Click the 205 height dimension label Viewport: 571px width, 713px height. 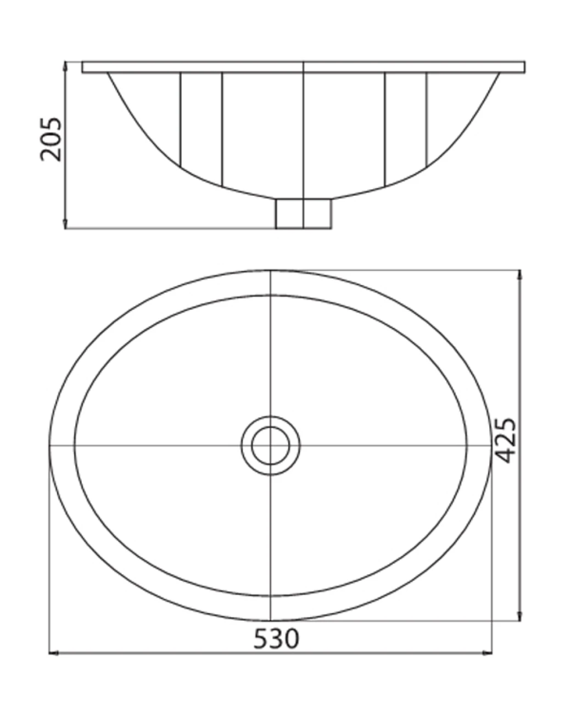pyautogui.click(x=51, y=139)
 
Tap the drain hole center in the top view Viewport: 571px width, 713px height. pyautogui.click(x=271, y=445)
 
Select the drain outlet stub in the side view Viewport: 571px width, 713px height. pyautogui.click(x=303, y=214)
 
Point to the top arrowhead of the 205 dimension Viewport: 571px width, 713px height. pyautogui.click(x=65, y=66)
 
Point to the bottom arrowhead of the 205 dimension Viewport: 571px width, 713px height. pyautogui.click(x=65, y=224)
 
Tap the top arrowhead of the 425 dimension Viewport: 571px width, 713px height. pyautogui.click(x=520, y=275)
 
